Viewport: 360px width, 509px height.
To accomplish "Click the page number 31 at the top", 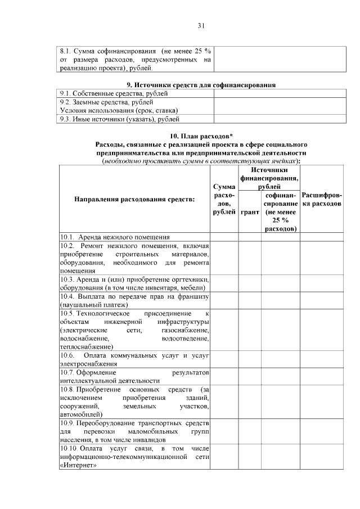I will [201, 25].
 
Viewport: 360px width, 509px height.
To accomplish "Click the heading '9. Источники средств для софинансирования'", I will [201, 84].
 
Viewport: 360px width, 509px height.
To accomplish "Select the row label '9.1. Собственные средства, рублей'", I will [102, 93].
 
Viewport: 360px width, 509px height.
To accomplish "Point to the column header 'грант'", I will [249, 213].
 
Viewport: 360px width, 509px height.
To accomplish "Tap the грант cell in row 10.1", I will [249, 237].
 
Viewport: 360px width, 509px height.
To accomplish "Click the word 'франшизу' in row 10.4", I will [194, 296].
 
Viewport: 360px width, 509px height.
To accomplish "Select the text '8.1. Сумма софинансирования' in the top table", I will [102, 51].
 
